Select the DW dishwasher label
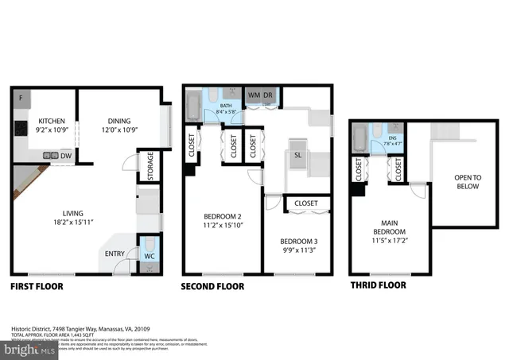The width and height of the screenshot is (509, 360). (66, 157)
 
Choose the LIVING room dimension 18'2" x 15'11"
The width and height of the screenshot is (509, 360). (74, 223)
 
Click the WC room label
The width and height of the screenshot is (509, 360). (150, 255)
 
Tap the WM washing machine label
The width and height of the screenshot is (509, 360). (254, 96)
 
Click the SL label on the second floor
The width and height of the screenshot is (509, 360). (297, 155)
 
